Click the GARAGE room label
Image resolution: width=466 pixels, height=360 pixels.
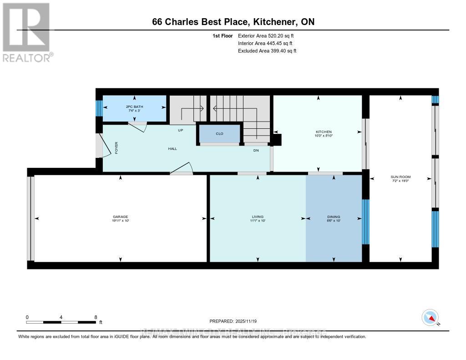(x=120, y=217)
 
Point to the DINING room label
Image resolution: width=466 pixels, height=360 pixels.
(x=334, y=217)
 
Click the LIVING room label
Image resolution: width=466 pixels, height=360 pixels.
(x=258, y=217)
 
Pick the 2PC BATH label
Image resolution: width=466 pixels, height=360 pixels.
(x=134, y=106)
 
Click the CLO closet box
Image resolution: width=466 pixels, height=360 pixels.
(x=219, y=134)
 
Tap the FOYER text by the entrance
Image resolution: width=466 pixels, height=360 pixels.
(x=116, y=148)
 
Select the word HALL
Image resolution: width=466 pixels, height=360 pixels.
(x=172, y=149)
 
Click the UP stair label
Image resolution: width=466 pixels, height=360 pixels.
(x=180, y=130)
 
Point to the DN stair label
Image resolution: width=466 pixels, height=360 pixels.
(x=256, y=151)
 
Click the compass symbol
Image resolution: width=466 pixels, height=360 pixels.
(x=430, y=317)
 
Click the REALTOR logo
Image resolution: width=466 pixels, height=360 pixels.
(x=26, y=32)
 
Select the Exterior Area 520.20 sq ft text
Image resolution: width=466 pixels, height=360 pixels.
(x=269, y=35)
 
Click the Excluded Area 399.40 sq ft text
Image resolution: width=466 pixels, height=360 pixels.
(x=267, y=51)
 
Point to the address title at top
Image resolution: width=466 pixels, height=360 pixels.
(x=233, y=22)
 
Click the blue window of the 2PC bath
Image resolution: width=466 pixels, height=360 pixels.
(x=99, y=108)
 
